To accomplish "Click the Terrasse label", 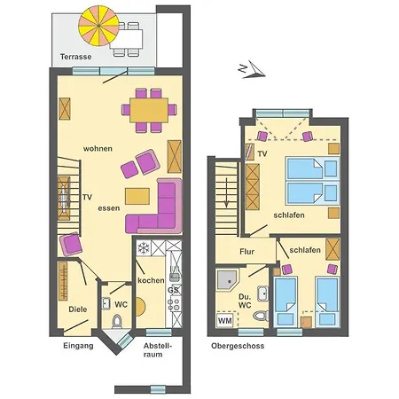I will (x=77, y=56).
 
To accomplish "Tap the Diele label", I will (x=78, y=309).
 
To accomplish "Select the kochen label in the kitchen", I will (x=151, y=280).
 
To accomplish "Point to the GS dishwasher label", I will (x=174, y=289).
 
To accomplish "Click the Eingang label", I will (x=78, y=345).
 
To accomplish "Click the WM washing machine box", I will (x=225, y=319).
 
